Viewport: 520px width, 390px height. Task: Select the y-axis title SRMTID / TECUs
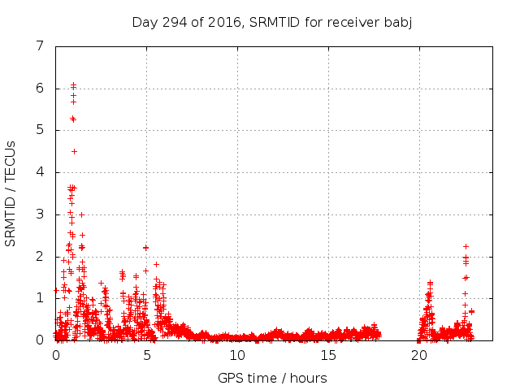tap(11, 193)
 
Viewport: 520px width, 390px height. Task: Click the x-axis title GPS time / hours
tap(272, 378)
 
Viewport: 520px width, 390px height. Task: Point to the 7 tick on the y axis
tap(40, 46)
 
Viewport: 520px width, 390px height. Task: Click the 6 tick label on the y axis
tap(40, 89)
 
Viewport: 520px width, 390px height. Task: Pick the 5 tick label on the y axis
tap(40, 130)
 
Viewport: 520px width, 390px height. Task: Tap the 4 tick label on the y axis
tap(40, 172)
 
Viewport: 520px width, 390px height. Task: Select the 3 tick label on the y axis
tap(40, 214)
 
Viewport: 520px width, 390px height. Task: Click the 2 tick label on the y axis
tap(40, 256)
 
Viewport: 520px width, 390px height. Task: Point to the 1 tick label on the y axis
tap(40, 298)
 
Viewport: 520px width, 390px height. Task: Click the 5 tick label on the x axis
tap(147, 355)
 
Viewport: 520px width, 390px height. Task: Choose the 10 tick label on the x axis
tap(237, 355)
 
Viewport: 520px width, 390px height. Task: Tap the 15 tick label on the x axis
tap(328, 355)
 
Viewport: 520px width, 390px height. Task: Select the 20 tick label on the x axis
tap(419, 355)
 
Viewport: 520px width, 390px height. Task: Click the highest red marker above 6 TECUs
tap(73, 84)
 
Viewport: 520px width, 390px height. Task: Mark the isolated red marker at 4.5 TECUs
tap(74, 151)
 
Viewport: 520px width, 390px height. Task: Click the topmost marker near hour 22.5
tap(466, 246)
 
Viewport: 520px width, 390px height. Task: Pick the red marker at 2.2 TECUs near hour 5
tap(146, 247)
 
